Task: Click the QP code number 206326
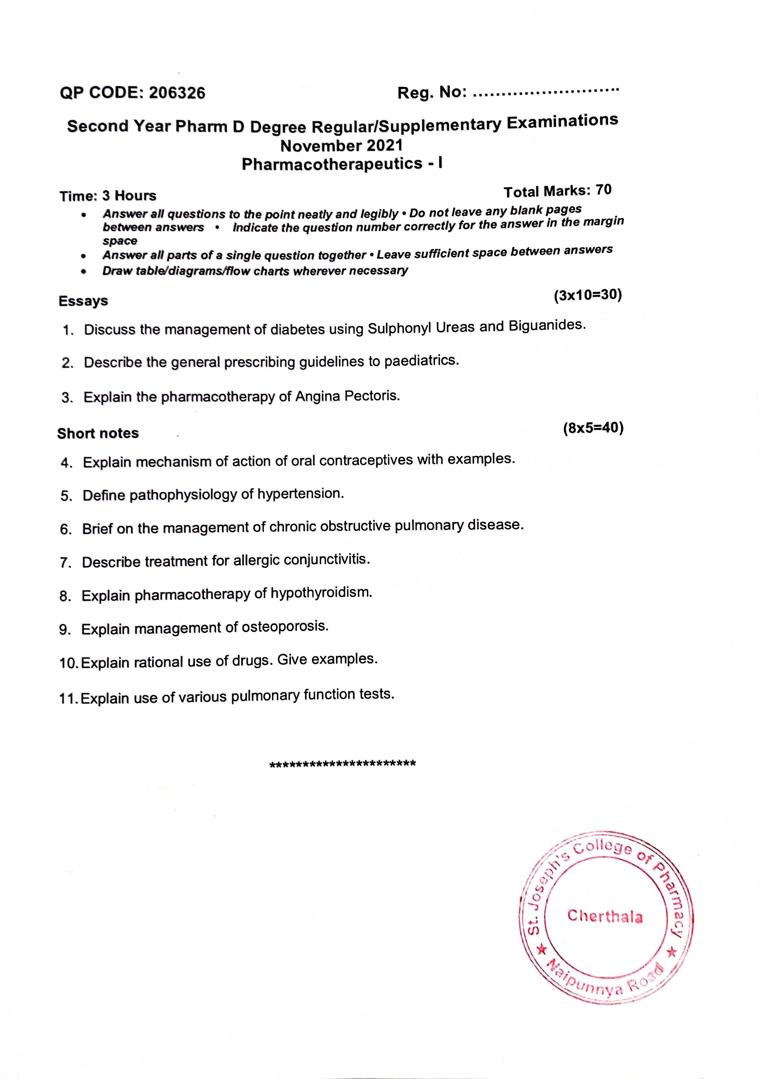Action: (x=177, y=93)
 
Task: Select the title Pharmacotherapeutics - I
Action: (x=342, y=164)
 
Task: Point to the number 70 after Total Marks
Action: (x=603, y=190)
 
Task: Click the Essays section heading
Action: (x=83, y=301)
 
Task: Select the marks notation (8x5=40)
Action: (x=593, y=428)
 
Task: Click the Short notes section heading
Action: (x=98, y=433)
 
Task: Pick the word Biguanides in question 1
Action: (x=547, y=326)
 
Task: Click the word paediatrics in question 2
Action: (x=421, y=361)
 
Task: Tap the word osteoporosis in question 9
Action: (x=285, y=627)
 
